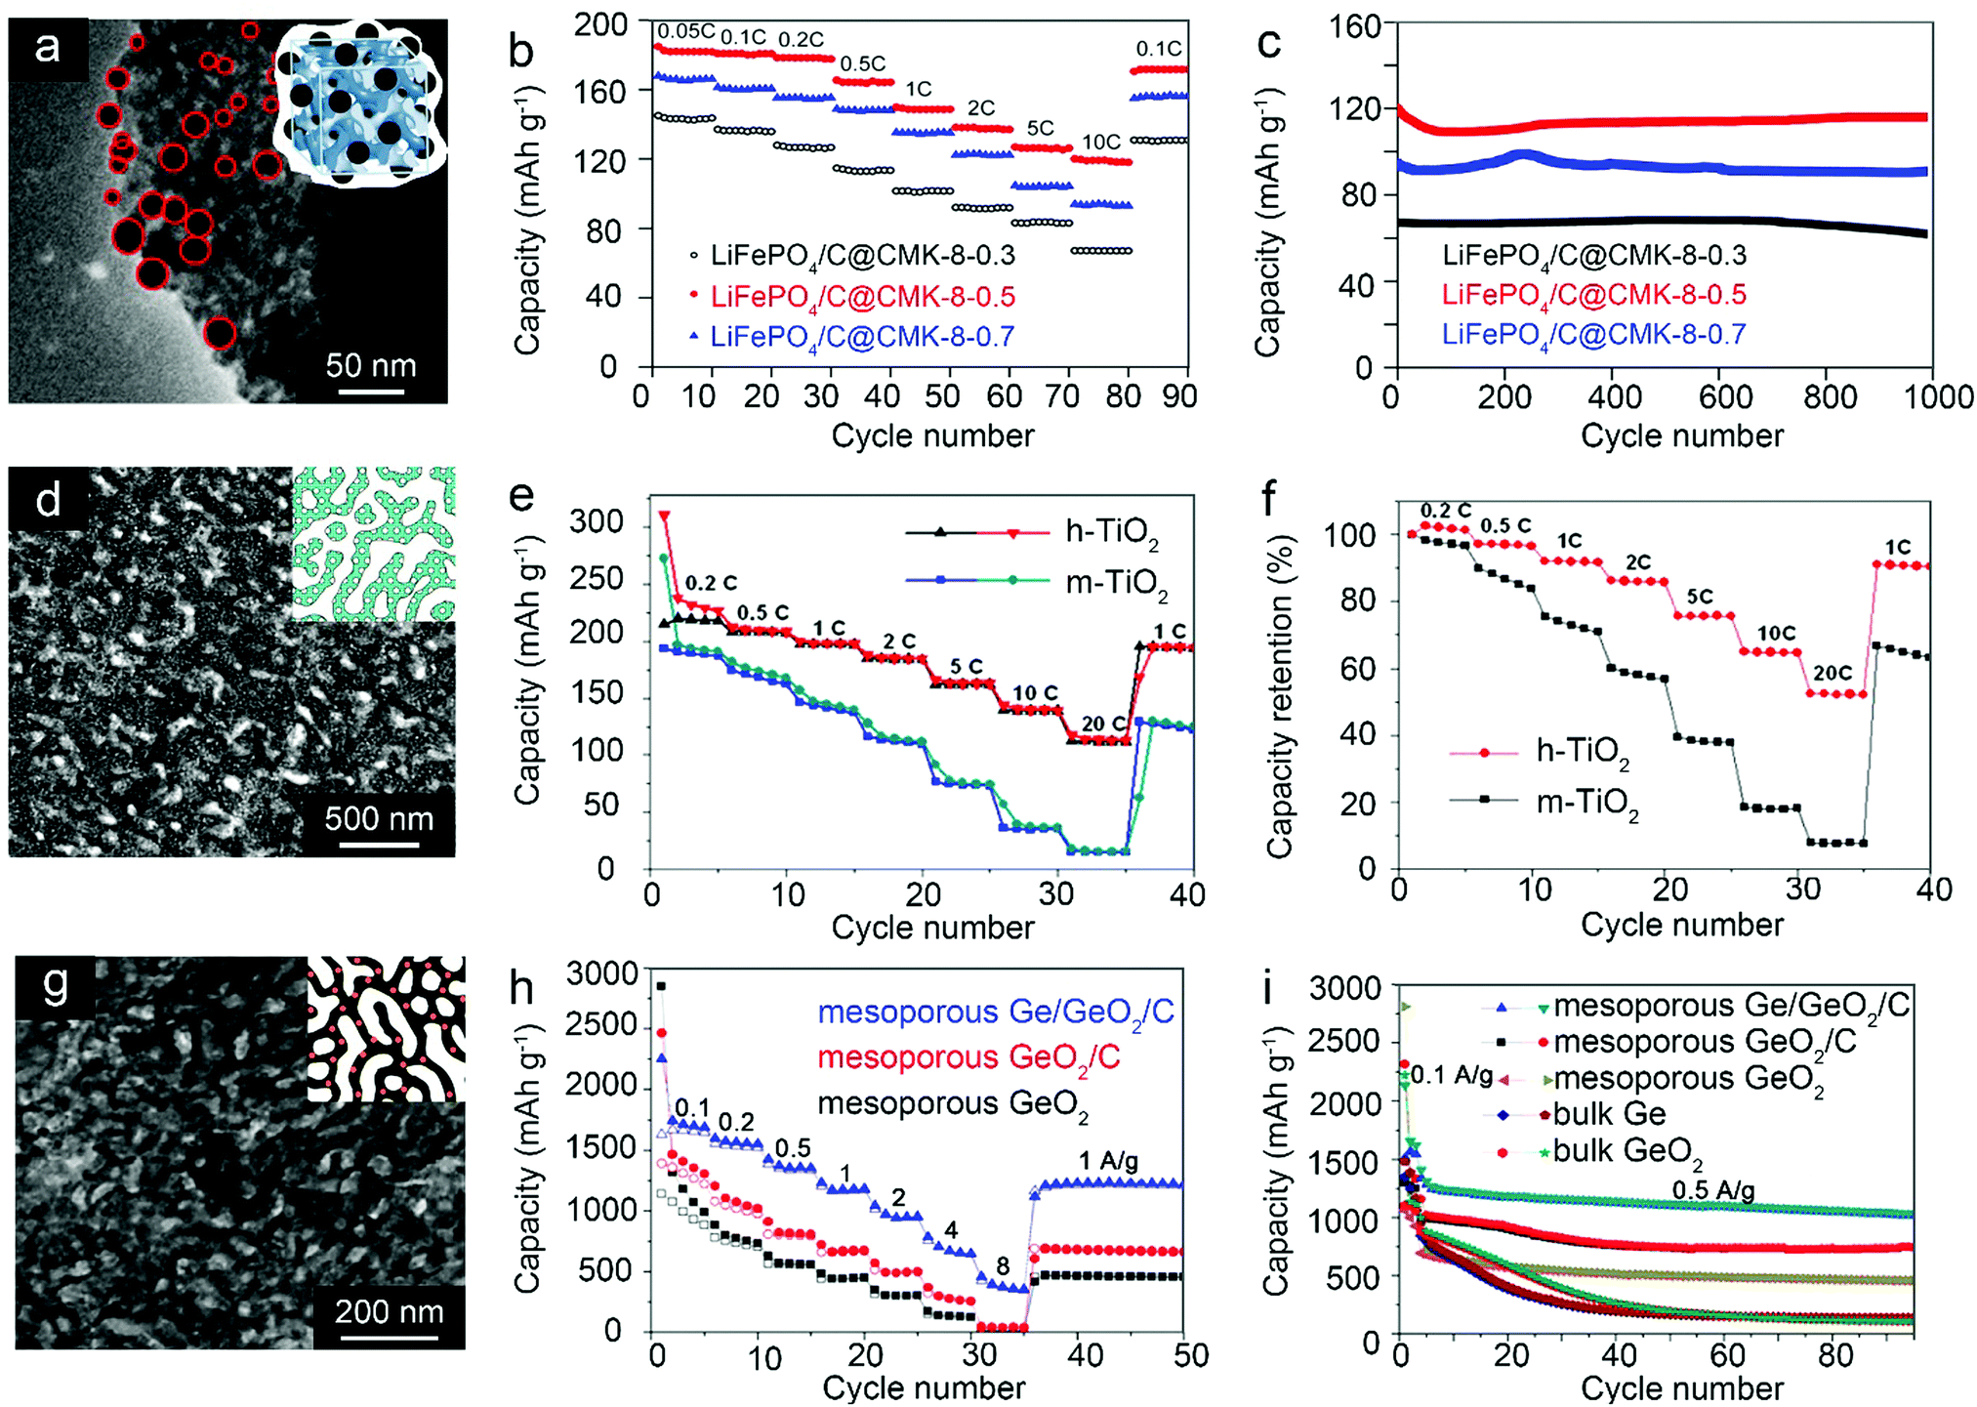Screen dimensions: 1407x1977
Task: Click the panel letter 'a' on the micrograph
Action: (47, 47)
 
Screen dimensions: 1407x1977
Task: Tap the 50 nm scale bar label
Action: (371, 366)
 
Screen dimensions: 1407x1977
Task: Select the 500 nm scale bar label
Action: (379, 818)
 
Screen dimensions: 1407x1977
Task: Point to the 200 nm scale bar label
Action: (389, 1311)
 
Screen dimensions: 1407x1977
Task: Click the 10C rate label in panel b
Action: (1101, 143)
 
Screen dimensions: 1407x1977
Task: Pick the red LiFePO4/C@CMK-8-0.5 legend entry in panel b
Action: (863, 297)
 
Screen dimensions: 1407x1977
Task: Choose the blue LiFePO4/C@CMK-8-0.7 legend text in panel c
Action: (1593, 334)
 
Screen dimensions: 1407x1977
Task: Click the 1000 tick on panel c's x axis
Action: (1937, 397)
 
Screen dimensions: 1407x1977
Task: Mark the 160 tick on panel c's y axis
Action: (1355, 26)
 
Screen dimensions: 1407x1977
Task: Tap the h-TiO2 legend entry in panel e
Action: (1111, 533)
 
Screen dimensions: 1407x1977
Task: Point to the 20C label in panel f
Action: (1833, 673)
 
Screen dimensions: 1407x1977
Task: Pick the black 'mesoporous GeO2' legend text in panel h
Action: (952, 1104)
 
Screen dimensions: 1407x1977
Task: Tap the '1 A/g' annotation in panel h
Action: (1108, 1161)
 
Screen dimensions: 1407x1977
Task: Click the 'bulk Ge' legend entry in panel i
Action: (1609, 1114)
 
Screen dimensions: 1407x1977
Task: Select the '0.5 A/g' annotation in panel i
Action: (1713, 1191)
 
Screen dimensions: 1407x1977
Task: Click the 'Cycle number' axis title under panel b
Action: (932, 435)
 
